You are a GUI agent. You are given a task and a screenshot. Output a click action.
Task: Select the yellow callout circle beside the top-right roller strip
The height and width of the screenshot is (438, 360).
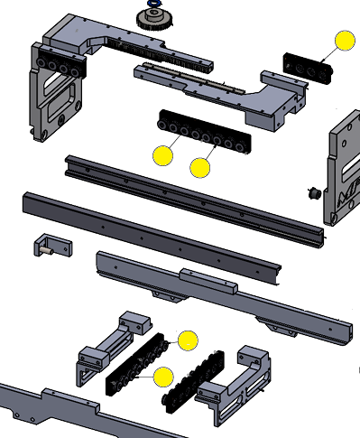(x=345, y=42)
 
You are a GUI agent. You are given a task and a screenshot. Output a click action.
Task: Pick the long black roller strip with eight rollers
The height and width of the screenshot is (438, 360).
(x=204, y=132)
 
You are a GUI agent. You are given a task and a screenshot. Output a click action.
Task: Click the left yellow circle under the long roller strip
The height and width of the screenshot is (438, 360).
(x=162, y=154)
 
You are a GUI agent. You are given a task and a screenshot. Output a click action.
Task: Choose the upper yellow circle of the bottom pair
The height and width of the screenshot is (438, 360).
(x=187, y=340)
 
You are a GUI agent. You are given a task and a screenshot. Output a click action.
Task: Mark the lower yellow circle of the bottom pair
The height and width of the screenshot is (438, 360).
(x=163, y=377)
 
